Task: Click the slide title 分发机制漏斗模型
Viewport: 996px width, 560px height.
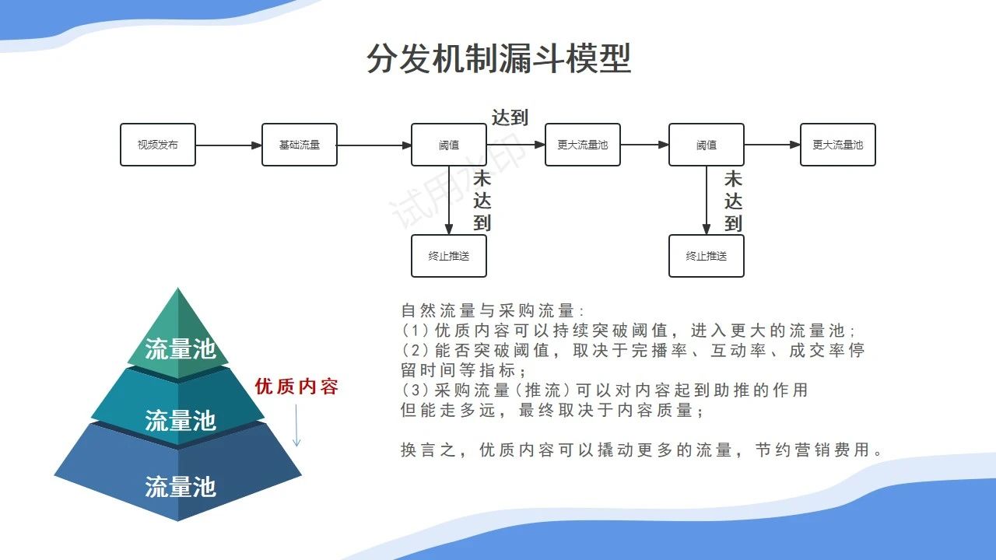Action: pos(499,58)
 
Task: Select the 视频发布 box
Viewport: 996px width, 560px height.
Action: pos(158,145)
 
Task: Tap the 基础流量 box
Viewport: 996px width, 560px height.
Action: pos(300,145)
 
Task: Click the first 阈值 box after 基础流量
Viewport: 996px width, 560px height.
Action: pos(449,145)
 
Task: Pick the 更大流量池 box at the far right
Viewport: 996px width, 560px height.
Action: pos(838,145)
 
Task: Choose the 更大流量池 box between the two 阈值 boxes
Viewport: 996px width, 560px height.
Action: pos(583,145)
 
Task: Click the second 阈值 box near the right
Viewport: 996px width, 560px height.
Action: pos(706,145)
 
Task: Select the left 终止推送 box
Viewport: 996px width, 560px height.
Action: pos(449,256)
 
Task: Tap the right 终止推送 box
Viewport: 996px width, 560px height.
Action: pos(706,256)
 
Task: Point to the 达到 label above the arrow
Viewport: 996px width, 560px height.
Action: pos(510,117)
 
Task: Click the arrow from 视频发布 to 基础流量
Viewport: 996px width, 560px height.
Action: pos(229,145)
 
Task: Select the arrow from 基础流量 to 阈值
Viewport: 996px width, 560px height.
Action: pos(374,145)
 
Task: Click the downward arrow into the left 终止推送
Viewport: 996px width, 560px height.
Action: pos(449,201)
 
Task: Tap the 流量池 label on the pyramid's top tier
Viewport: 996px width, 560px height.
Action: pos(180,348)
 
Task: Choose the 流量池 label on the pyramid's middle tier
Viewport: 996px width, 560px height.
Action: pos(180,420)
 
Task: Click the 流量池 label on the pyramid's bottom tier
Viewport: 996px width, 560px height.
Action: pos(180,486)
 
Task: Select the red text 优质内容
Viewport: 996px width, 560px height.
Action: pos(296,387)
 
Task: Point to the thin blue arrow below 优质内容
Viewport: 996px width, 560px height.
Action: pos(296,425)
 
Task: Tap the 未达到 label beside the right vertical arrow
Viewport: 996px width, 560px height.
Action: pos(733,201)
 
